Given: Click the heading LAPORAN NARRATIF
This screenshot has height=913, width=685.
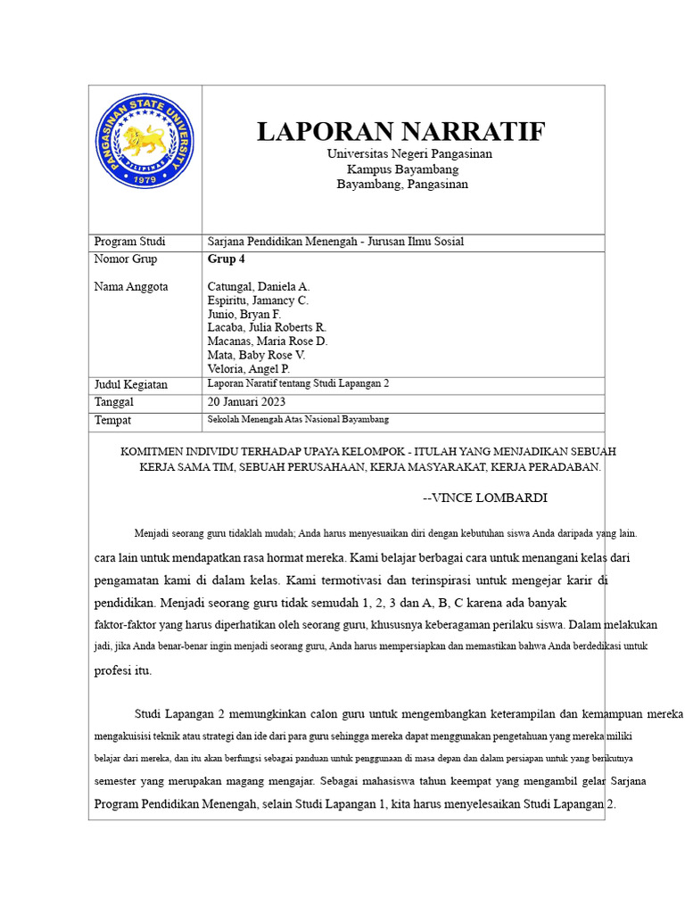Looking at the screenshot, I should click(x=400, y=132).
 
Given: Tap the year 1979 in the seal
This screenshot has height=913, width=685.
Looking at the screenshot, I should click(x=144, y=179).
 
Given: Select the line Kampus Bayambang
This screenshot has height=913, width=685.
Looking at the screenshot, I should click(x=402, y=169).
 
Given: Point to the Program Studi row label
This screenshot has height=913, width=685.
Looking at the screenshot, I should click(x=128, y=242).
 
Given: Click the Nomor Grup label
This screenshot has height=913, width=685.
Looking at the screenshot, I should click(x=125, y=259).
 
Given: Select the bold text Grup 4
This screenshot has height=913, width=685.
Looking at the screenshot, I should click(x=226, y=259).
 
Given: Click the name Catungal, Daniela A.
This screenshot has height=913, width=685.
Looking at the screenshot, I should click(x=258, y=287).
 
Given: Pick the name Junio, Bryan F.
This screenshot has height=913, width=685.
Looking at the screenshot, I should click(x=243, y=315).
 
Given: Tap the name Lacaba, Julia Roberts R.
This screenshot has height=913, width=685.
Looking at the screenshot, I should click(x=267, y=328).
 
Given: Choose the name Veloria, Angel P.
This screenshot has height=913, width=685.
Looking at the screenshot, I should click(x=248, y=369).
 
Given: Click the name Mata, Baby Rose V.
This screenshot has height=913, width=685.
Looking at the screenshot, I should click(x=256, y=355).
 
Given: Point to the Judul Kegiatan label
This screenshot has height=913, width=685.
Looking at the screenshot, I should click(x=130, y=384).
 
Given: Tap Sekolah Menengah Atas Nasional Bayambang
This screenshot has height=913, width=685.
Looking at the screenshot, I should click(x=298, y=419).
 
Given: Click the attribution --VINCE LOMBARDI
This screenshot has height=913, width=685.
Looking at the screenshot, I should click(x=484, y=498).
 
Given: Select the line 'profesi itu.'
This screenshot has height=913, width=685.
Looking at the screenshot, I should click(x=123, y=670).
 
